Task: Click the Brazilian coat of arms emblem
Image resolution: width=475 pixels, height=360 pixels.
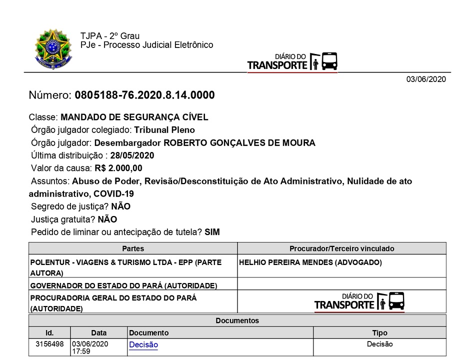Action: coord(53,49)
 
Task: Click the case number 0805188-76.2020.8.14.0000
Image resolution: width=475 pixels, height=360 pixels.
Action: coord(144,95)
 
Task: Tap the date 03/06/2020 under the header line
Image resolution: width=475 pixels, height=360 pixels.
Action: coord(425,79)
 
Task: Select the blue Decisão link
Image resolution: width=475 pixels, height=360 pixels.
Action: coord(143,344)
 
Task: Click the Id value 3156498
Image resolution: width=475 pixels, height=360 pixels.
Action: coord(49,344)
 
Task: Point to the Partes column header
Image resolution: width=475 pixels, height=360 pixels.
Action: coord(133,248)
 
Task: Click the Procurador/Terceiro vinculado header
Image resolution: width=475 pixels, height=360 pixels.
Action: coord(342,248)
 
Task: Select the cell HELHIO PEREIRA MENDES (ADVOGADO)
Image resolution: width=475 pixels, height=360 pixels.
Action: coord(311,262)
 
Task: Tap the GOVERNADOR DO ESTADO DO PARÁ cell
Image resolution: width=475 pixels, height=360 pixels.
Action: coord(124,285)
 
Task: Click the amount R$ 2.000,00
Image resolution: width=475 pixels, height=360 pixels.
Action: coord(118,168)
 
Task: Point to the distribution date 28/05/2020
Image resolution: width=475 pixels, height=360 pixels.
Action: coord(132,155)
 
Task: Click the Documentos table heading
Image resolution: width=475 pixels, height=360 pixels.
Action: coord(237,320)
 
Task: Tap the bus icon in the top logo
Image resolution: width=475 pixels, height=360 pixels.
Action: coord(329,61)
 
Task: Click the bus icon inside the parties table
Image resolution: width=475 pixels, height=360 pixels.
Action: coord(396,300)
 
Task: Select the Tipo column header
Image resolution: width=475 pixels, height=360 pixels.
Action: coord(379,332)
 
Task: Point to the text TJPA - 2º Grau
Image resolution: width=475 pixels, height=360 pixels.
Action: coord(110,36)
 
